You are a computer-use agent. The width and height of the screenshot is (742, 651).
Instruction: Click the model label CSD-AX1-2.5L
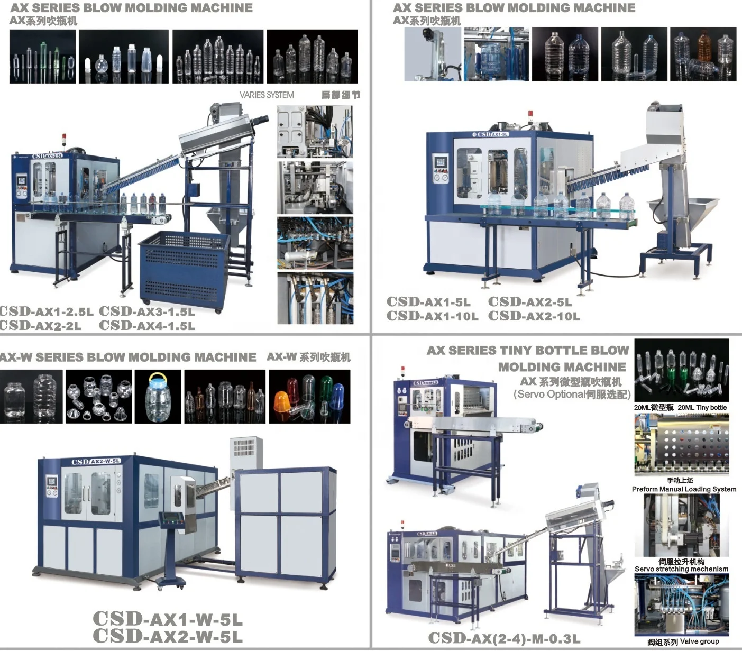[x=47, y=311]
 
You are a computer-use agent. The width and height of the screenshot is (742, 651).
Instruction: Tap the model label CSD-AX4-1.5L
[x=146, y=325]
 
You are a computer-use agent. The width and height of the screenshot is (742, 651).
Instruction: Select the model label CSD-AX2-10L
[x=534, y=316]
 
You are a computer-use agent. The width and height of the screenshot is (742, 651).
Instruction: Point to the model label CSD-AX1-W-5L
[x=168, y=619]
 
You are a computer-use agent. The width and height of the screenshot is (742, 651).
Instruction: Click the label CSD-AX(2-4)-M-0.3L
[x=503, y=638]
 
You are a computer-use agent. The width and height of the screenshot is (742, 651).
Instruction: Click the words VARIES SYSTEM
[x=267, y=95]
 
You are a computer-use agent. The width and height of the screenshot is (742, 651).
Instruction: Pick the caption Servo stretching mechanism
[x=681, y=569]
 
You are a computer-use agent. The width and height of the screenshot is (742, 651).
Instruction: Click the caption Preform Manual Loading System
[x=684, y=489]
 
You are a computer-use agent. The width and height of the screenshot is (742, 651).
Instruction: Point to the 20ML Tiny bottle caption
[x=702, y=407]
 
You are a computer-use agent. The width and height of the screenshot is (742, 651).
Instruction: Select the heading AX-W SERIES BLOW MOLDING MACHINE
[x=128, y=357]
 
